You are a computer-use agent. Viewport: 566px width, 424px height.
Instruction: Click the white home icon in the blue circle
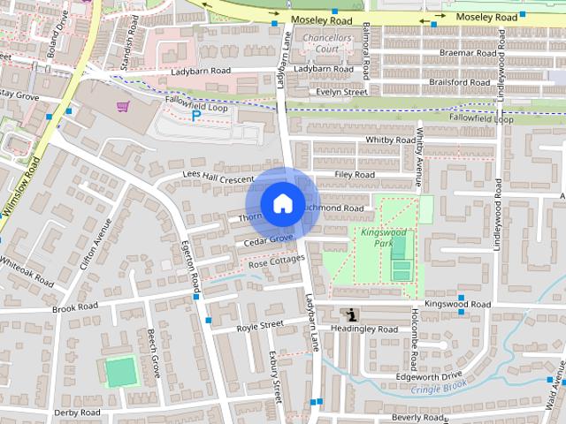pos(282,202)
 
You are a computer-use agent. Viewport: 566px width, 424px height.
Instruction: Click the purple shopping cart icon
pos(123,106)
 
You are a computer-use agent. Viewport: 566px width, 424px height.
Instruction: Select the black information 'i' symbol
pos(353,314)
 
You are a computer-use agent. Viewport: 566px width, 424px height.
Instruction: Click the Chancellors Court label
pos(327,44)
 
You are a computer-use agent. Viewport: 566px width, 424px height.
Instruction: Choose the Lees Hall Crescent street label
pos(218,177)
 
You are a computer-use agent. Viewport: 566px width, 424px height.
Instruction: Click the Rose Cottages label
pos(276,262)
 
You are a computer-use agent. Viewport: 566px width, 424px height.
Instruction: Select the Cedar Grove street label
pos(269,239)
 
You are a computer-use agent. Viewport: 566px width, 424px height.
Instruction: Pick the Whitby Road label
pos(390,140)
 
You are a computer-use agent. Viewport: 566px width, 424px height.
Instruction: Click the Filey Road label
pos(355,175)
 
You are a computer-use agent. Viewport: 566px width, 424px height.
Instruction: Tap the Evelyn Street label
pos(341,92)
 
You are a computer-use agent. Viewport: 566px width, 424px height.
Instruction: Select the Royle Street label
pos(260,326)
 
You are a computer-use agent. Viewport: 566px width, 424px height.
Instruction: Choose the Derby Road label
pos(77,413)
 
